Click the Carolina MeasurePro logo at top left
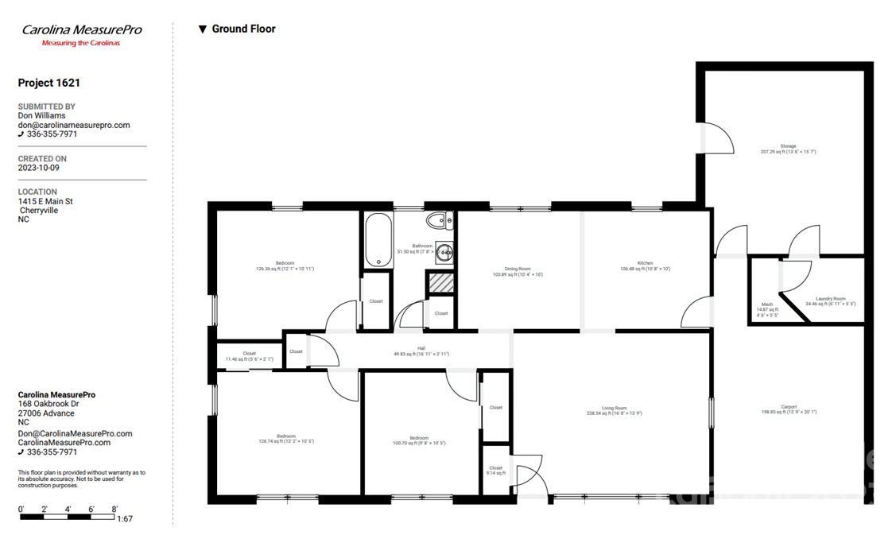[x=81, y=34]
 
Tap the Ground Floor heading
[x=242, y=29]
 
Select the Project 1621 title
[x=49, y=83]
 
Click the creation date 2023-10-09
[x=38, y=168]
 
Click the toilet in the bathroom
[x=437, y=220]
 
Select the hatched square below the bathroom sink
[x=440, y=282]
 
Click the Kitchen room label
[x=645, y=266]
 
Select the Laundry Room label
[x=830, y=300]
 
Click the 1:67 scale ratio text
[x=125, y=519]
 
